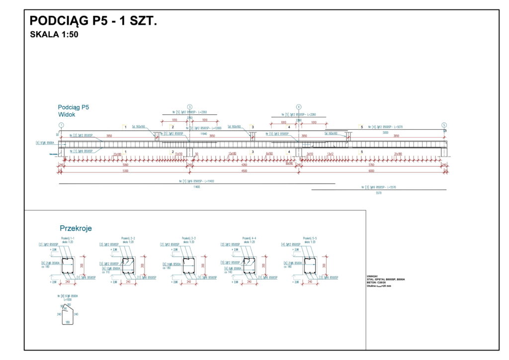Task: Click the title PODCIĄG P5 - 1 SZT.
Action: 93,21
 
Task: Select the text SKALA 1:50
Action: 54,35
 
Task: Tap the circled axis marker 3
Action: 189,107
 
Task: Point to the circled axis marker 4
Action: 299,107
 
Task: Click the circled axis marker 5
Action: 444,125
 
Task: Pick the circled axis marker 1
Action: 61,125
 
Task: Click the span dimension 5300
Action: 125,172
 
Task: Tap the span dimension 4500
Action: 244,172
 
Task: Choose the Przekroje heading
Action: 76,228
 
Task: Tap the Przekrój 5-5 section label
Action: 310,239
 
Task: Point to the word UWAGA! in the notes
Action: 372,276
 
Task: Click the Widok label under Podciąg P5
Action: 66,114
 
